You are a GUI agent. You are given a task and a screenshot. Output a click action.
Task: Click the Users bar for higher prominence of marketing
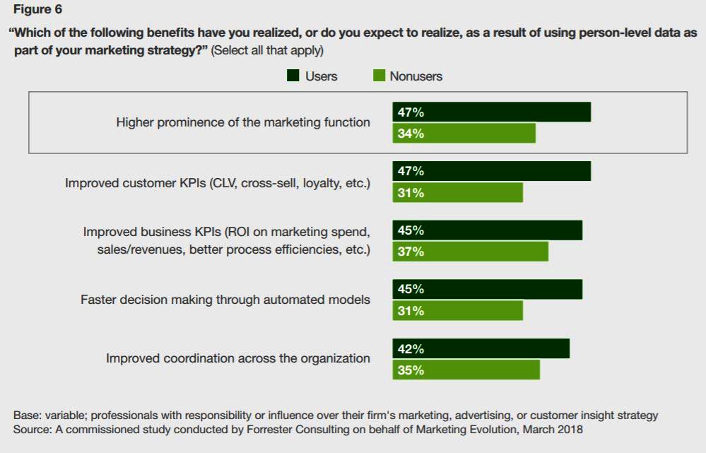click(x=491, y=112)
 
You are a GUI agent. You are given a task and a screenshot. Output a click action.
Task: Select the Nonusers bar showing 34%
click(x=464, y=134)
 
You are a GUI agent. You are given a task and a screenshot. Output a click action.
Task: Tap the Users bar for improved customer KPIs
click(x=491, y=171)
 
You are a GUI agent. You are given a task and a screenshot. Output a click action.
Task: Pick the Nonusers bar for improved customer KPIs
click(x=457, y=193)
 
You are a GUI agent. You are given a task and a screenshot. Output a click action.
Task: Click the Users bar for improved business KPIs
click(x=487, y=230)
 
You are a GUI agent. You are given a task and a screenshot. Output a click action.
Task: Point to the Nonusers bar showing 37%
click(x=470, y=252)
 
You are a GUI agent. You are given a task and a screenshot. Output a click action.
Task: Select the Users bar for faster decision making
click(x=487, y=289)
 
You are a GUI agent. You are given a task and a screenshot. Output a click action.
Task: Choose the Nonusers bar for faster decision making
click(x=457, y=311)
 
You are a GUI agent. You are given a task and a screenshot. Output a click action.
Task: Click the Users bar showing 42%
click(x=481, y=349)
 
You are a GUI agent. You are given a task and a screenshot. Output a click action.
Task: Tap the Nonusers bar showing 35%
click(x=466, y=370)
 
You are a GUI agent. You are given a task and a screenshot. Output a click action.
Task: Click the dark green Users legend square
click(x=293, y=76)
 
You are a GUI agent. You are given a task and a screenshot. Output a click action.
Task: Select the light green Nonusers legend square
click(x=379, y=76)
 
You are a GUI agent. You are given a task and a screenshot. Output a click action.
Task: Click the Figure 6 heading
click(x=37, y=10)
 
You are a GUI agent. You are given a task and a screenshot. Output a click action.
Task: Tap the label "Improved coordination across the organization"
click(x=238, y=358)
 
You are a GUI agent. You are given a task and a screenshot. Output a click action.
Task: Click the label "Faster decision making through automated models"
click(x=225, y=300)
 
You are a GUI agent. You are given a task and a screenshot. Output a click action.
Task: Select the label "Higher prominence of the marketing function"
click(x=243, y=122)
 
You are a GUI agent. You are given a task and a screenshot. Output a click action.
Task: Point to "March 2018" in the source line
click(x=548, y=429)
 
